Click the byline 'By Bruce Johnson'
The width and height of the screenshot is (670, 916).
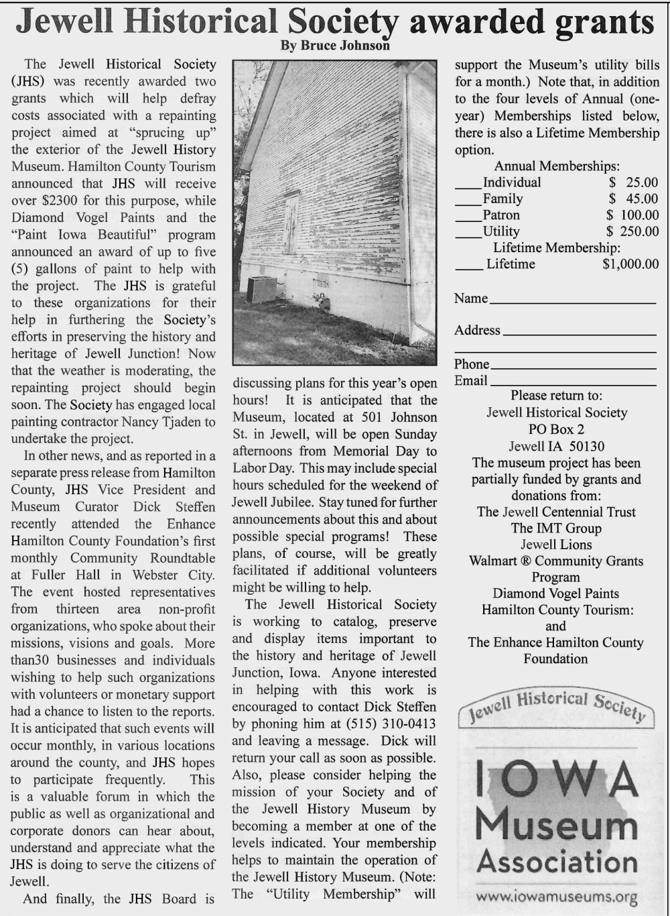(334, 46)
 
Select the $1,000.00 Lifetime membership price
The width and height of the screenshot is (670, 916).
(630, 264)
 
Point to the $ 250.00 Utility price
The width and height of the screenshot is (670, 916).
(632, 231)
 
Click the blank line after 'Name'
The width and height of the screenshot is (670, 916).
(572, 302)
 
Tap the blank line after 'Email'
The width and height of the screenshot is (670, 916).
(572, 384)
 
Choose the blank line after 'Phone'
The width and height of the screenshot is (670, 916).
(572, 368)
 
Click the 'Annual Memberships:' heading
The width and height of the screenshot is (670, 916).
(556, 166)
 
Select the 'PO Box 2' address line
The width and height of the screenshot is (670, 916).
(556, 429)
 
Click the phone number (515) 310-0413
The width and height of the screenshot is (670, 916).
(391, 724)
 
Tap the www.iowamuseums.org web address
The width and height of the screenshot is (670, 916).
(556, 897)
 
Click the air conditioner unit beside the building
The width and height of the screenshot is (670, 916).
(261, 290)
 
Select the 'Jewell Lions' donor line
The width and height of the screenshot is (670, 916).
(556, 545)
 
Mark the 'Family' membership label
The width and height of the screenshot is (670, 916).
(503, 198)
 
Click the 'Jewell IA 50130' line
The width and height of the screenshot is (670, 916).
(556, 446)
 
